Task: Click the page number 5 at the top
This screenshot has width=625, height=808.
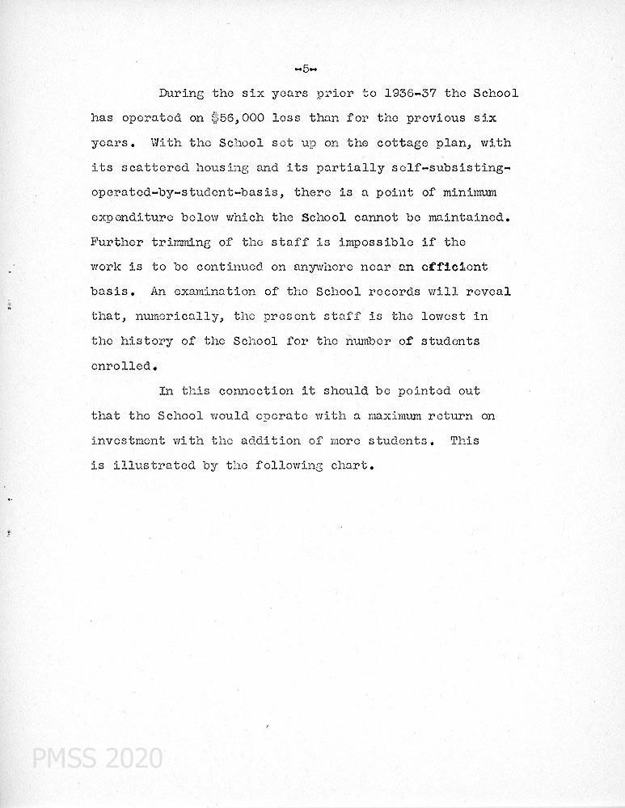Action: tap(306, 68)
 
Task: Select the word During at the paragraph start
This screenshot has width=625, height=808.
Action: tap(182, 93)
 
